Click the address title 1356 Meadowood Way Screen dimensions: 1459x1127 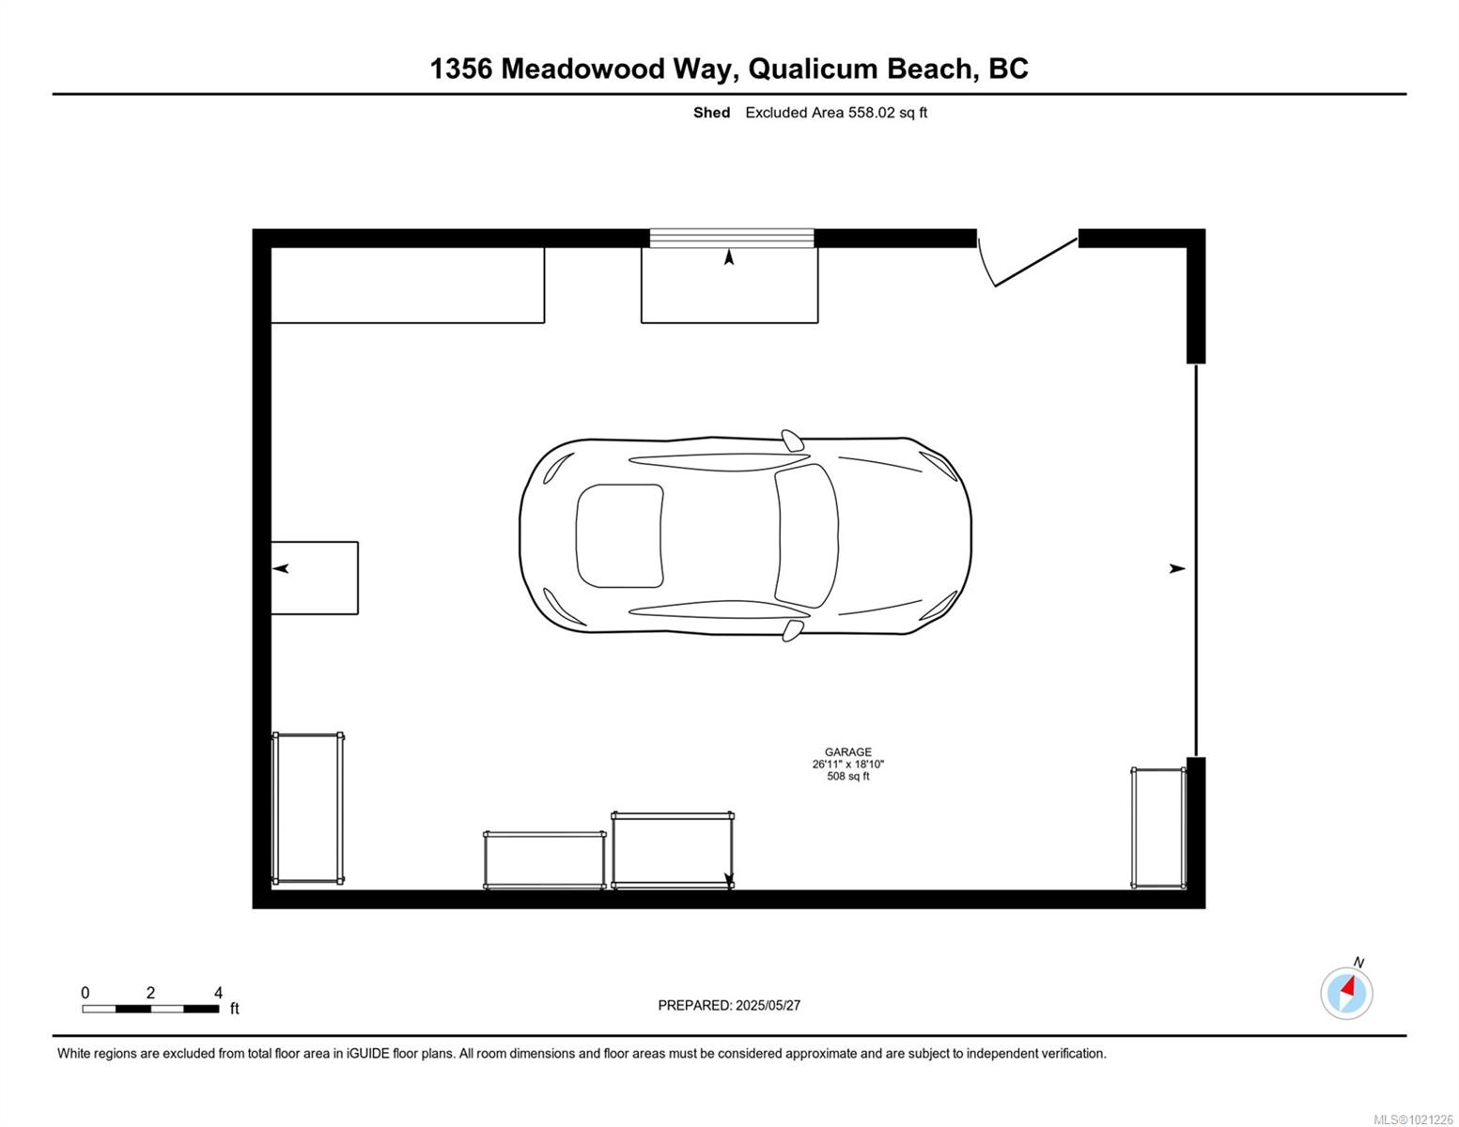(x=583, y=69)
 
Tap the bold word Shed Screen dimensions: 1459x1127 (x=711, y=113)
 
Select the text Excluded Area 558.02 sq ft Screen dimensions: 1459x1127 (x=835, y=113)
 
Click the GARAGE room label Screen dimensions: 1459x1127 (x=848, y=752)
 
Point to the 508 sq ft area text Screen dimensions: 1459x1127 (x=848, y=777)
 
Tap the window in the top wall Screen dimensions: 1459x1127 (x=731, y=239)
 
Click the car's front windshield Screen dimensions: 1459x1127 (x=807, y=535)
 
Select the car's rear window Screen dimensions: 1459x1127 (x=620, y=535)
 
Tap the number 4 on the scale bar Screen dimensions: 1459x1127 (x=218, y=993)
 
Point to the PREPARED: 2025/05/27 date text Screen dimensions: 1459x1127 (x=729, y=1006)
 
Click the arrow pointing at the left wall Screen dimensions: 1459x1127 (x=281, y=568)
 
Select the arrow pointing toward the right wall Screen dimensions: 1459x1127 (x=1177, y=568)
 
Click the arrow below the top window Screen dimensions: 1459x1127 (x=729, y=257)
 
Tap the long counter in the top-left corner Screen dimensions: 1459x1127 (x=408, y=286)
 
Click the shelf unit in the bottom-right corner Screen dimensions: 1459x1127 (x=1159, y=828)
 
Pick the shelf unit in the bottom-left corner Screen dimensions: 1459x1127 (x=308, y=809)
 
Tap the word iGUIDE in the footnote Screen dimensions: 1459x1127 (x=368, y=1054)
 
